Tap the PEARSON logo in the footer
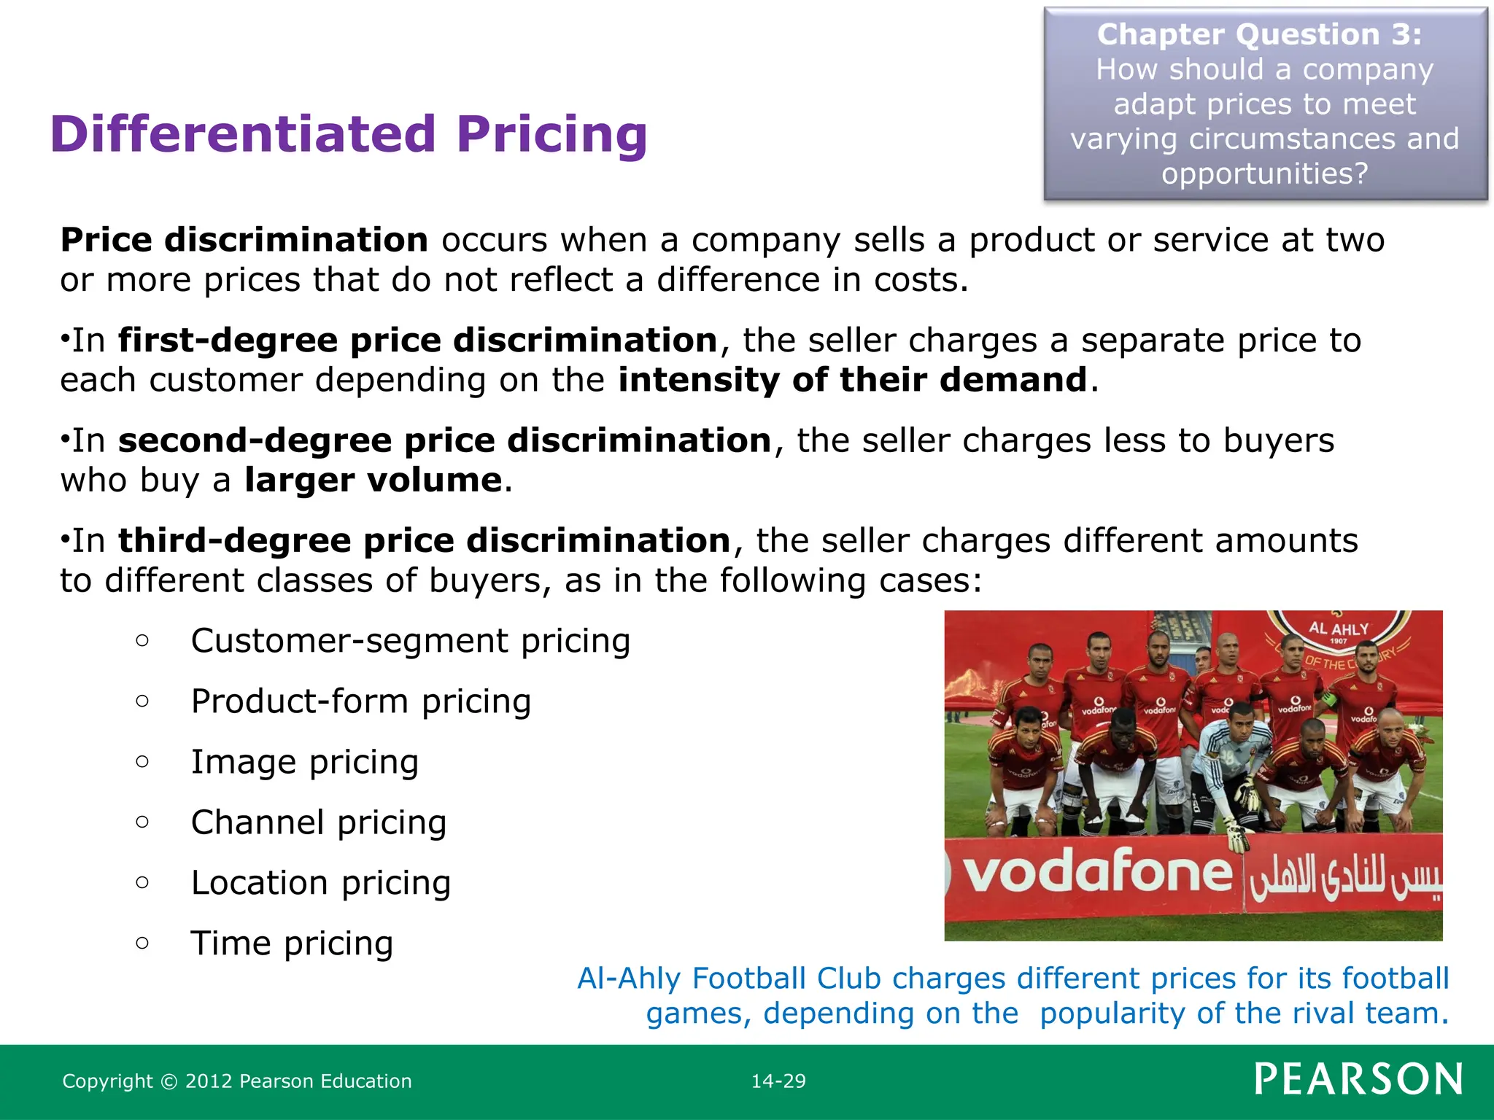click(x=1358, y=1080)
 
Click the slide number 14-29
click(x=778, y=1081)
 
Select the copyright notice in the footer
click(x=237, y=1081)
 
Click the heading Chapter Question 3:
click(x=1259, y=35)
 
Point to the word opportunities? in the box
click(x=1264, y=174)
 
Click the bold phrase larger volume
click(x=373, y=481)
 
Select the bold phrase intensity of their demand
click(x=853, y=381)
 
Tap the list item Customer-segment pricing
click(x=410, y=642)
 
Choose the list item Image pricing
click(x=305, y=763)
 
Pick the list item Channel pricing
click(x=318, y=823)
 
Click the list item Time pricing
click(x=292, y=944)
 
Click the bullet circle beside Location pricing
click(x=142, y=883)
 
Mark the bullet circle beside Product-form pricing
click(x=142, y=701)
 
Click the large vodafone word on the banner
click(x=1096, y=872)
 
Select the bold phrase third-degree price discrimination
click(x=424, y=541)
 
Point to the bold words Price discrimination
click(x=244, y=241)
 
